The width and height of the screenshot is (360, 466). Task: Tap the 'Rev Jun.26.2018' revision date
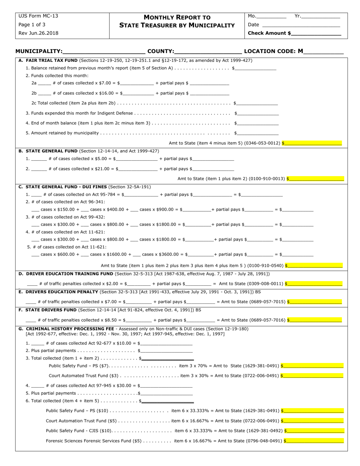(38, 33)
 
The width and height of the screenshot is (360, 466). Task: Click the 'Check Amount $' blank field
(316, 33)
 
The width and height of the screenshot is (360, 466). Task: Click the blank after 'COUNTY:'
(208, 52)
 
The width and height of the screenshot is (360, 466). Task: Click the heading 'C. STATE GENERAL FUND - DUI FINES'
(63, 187)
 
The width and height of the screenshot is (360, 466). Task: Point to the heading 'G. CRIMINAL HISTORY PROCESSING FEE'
(66, 328)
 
